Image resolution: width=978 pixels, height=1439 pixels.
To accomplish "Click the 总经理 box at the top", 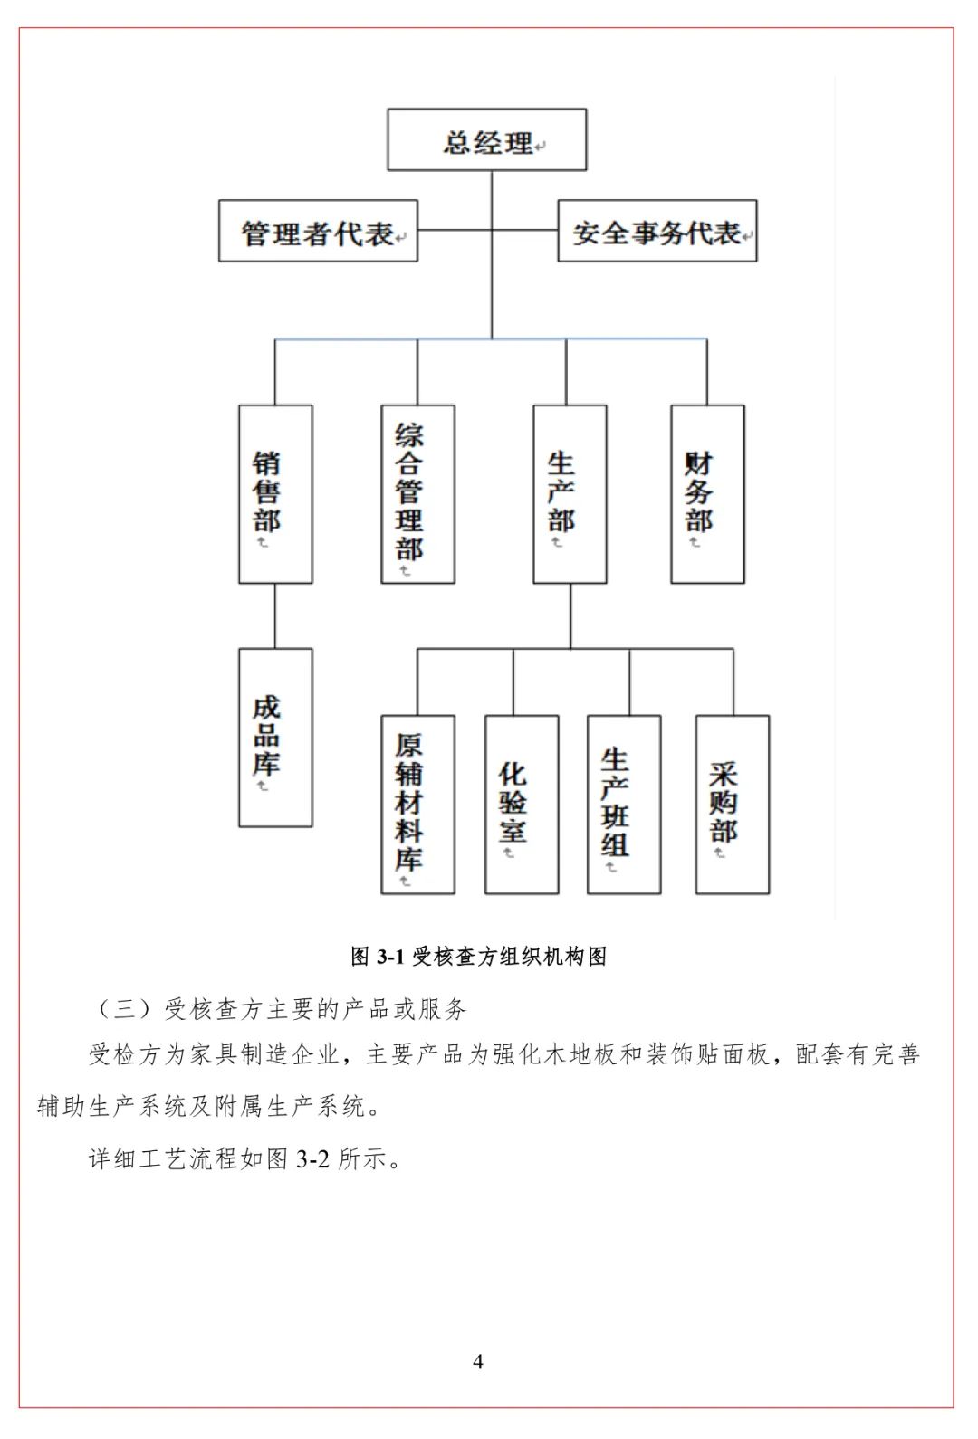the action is point(486,139).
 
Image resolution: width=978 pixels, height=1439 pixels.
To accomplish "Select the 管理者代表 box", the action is point(318,231).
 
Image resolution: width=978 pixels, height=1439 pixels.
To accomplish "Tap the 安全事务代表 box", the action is point(657,231).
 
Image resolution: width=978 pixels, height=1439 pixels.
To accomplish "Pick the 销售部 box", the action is point(275,494).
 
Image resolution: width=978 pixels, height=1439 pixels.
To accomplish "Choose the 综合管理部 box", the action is point(417,494).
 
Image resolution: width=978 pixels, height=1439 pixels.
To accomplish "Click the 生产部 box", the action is point(570,494).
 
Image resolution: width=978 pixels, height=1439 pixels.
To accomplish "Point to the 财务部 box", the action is point(707,494).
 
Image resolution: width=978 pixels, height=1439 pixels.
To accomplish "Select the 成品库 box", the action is point(275,738).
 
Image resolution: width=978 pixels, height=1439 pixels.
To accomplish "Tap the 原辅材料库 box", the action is point(417,805).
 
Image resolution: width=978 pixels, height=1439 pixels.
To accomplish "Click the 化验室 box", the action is point(521,805).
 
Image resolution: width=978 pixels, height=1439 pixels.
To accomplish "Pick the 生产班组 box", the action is point(624,805).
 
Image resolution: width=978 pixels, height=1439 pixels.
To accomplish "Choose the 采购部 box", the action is point(732,805).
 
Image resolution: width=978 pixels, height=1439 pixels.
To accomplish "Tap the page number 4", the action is point(477,1361).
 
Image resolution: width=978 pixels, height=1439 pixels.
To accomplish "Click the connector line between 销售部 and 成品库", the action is point(275,616).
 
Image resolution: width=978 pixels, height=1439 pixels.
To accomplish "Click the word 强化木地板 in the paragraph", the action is point(554,1054).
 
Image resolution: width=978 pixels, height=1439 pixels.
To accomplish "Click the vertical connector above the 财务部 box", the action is point(707,372).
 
